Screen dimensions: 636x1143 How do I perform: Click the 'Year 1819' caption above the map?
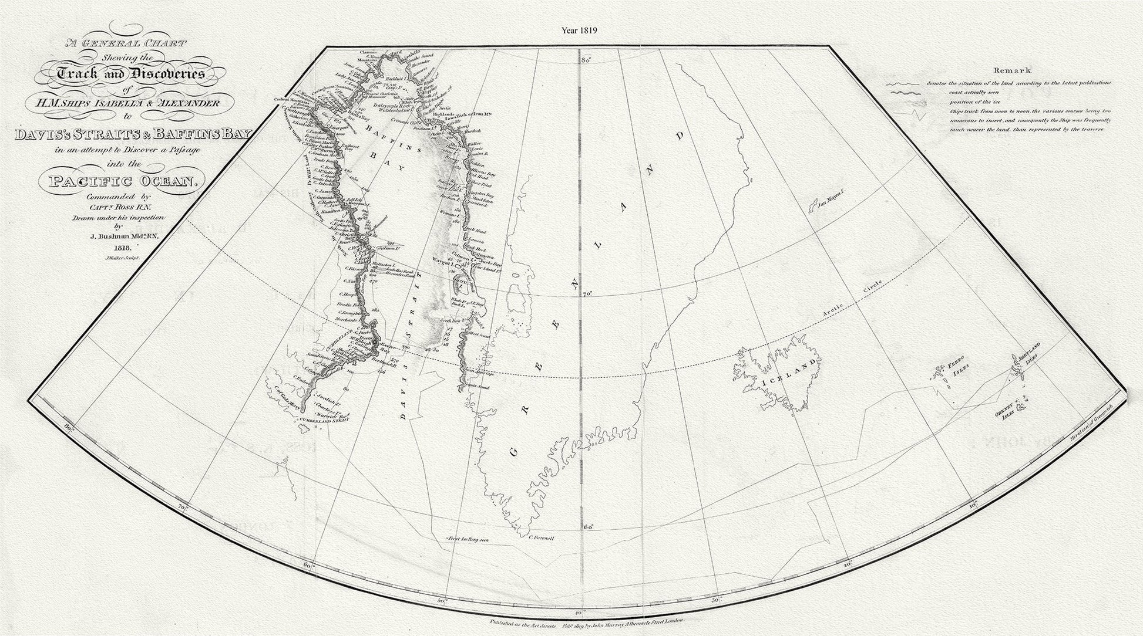coord(580,31)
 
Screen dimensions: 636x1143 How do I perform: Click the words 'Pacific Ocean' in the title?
coord(120,181)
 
